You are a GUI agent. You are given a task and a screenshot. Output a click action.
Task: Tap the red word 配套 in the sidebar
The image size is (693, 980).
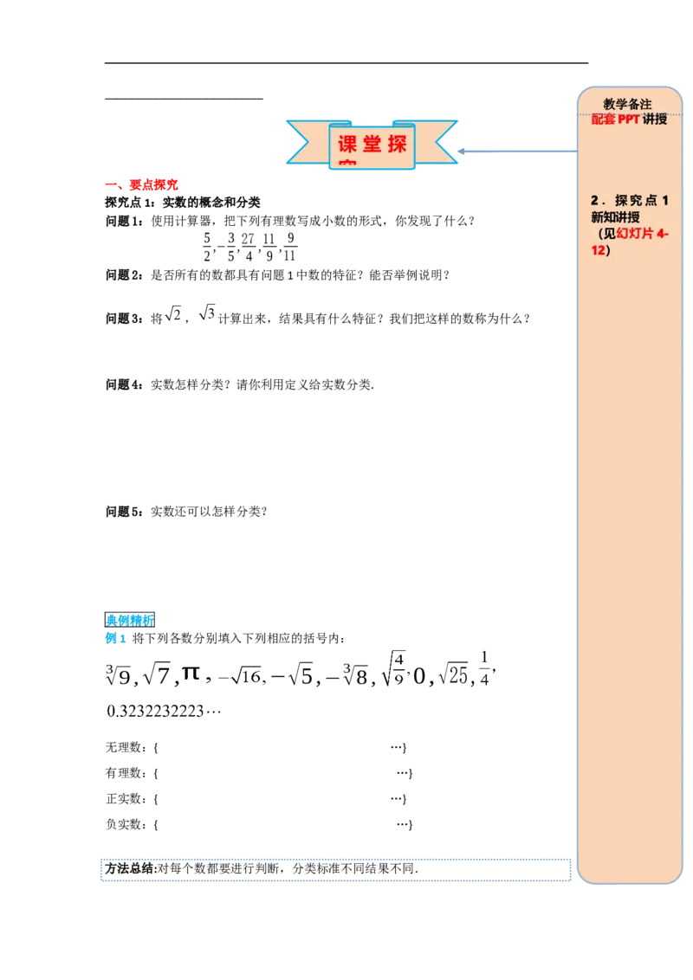point(603,119)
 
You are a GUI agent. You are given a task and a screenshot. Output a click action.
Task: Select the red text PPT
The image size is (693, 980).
point(628,119)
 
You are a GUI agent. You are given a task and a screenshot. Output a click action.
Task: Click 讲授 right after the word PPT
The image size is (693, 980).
point(655,119)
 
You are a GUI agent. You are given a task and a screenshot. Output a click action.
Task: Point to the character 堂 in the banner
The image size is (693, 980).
point(372,144)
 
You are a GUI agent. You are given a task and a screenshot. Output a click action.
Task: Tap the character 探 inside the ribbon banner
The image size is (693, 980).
point(397,144)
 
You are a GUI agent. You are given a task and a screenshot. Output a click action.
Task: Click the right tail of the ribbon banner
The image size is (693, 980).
point(440,141)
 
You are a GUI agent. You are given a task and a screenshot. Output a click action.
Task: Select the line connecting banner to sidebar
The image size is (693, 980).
point(515,152)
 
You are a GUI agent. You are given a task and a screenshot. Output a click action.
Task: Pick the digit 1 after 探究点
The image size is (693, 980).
point(665,201)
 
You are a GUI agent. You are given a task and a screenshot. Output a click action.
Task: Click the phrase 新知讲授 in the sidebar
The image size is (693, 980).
point(616,217)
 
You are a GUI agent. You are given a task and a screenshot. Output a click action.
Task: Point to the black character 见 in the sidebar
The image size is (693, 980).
point(609,234)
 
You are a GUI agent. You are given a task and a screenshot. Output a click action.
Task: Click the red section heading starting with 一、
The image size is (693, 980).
point(142,184)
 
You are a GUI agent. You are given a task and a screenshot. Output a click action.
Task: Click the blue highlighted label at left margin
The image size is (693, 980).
point(128,620)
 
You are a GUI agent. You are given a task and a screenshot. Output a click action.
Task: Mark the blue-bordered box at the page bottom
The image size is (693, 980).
point(335,871)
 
